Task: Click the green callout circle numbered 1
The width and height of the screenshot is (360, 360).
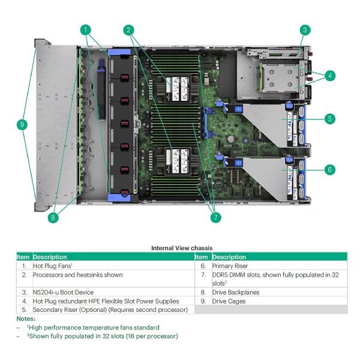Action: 86,29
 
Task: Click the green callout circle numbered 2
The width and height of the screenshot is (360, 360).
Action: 128,29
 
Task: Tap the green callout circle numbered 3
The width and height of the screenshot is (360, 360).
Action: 305,29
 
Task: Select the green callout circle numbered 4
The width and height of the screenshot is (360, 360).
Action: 329,76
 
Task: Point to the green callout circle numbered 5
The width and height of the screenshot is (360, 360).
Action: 329,119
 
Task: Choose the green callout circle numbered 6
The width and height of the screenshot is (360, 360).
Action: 329,170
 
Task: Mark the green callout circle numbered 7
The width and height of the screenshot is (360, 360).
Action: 215,218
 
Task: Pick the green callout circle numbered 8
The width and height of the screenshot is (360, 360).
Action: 53,218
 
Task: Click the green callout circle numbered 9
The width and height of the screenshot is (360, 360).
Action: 22,125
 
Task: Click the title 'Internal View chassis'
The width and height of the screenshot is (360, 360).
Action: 181,248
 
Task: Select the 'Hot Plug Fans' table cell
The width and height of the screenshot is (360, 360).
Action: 53,265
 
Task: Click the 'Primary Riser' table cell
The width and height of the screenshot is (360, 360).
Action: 230,265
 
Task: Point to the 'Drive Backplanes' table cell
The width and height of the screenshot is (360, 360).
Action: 236,292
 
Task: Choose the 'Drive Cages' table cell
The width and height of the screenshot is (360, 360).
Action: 229,301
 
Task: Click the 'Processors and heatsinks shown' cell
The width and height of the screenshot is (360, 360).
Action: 78,275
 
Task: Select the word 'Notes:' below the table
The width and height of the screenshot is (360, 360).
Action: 26,319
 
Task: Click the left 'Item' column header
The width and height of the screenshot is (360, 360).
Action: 23,257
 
